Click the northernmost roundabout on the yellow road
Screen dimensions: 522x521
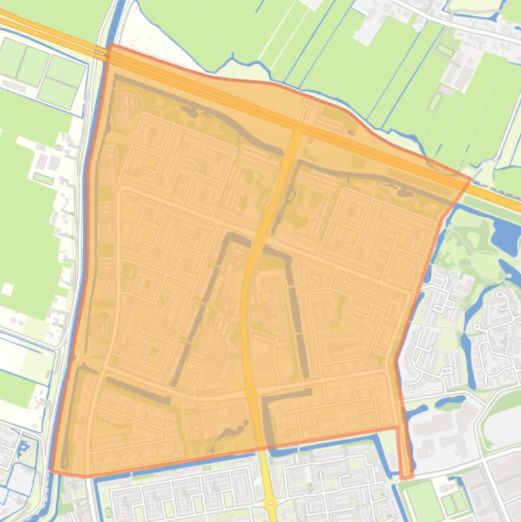pyautogui.click(x=261, y=236)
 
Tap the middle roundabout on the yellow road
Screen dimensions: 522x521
pyautogui.click(x=251, y=392)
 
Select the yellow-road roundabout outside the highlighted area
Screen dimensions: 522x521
pyautogui.click(x=271, y=503)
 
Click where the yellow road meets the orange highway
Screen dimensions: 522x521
pyautogui.click(x=298, y=127)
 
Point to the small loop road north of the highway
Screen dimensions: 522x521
pyautogui.click(x=310, y=103)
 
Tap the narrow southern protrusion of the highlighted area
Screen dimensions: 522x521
pyautogui.click(x=405, y=454)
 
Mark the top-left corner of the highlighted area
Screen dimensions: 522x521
pyautogui.click(x=110, y=45)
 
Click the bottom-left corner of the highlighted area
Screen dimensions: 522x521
pyautogui.click(x=52, y=471)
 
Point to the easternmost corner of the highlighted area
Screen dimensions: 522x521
pyautogui.click(x=470, y=179)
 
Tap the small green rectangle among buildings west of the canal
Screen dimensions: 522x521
pyautogui.click(x=43, y=178)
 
